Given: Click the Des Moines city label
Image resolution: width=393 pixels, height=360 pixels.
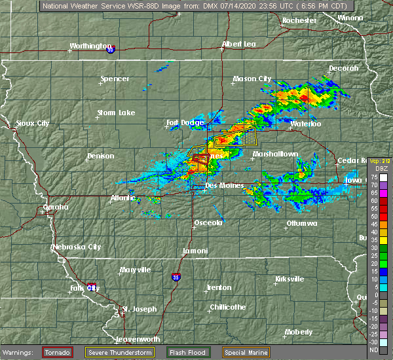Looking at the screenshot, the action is tap(224, 186).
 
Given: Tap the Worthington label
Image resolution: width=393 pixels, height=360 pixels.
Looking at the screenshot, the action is tap(90, 46).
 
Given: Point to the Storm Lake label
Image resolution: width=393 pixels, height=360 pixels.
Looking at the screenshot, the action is tap(116, 113).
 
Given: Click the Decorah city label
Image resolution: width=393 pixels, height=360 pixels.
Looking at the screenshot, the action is tap(343, 69).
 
